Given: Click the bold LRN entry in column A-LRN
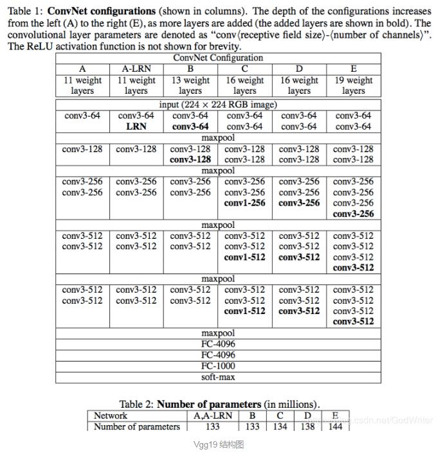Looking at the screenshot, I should click(x=136, y=127).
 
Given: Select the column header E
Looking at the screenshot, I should click(x=353, y=69).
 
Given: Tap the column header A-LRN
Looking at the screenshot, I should click(x=136, y=69).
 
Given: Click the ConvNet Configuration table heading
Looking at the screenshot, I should click(x=218, y=58).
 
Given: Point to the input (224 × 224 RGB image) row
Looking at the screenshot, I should click(x=218, y=104).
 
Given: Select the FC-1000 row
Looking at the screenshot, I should click(x=218, y=366).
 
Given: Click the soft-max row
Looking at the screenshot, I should click(x=218, y=377).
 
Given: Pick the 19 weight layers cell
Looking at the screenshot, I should click(x=353, y=85).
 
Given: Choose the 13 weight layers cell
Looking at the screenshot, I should click(x=190, y=85).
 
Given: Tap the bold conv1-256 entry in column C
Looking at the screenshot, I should click(x=244, y=203).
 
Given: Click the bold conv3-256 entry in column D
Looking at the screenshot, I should click(x=299, y=203).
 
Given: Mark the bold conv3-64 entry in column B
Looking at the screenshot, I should click(x=190, y=127).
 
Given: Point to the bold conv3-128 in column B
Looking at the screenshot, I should click(x=190, y=159).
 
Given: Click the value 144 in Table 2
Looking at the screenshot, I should click(x=335, y=426).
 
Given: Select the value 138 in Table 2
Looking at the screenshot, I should click(x=307, y=426).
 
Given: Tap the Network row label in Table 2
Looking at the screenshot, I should click(x=111, y=415).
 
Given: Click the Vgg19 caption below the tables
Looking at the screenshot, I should click(x=219, y=444).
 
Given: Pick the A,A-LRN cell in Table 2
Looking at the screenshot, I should click(x=213, y=415).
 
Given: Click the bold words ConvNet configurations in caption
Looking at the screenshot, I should click(x=102, y=12).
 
